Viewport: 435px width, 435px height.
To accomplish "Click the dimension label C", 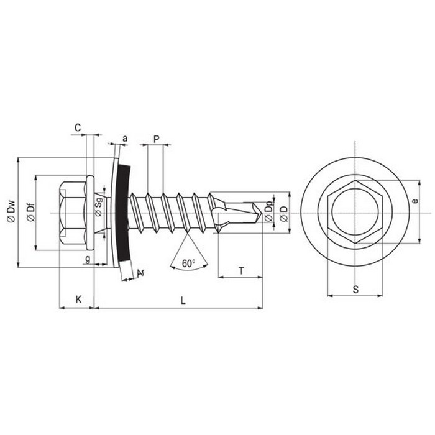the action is tap(78, 127).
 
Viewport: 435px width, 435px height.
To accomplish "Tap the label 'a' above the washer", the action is tap(125, 138).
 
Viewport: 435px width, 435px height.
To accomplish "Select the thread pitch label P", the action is tap(157, 139).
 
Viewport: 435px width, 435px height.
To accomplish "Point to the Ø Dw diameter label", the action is tap(12, 211).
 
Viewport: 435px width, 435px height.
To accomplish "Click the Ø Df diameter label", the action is tap(31, 213).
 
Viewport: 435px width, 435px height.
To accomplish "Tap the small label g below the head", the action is tap(88, 259).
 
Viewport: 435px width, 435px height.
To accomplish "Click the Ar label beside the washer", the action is tap(141, 273).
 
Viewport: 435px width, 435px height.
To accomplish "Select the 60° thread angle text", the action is tap(189, 263).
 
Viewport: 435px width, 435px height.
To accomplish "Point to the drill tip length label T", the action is tap(241, 270).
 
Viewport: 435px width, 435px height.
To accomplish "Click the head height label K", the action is tap(79, 300).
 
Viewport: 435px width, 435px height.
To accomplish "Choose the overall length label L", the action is tap(183, 300).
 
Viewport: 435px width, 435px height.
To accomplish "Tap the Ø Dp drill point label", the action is tap(268, 213).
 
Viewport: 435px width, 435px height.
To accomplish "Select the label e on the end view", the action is tap(415, 201).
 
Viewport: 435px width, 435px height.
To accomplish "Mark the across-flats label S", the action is tap(355, 290).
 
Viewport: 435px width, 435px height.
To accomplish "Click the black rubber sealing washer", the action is tap(123, 213).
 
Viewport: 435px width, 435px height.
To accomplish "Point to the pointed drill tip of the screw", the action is tap(262, 213).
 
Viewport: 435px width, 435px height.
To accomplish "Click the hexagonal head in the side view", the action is tap(73, 213).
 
